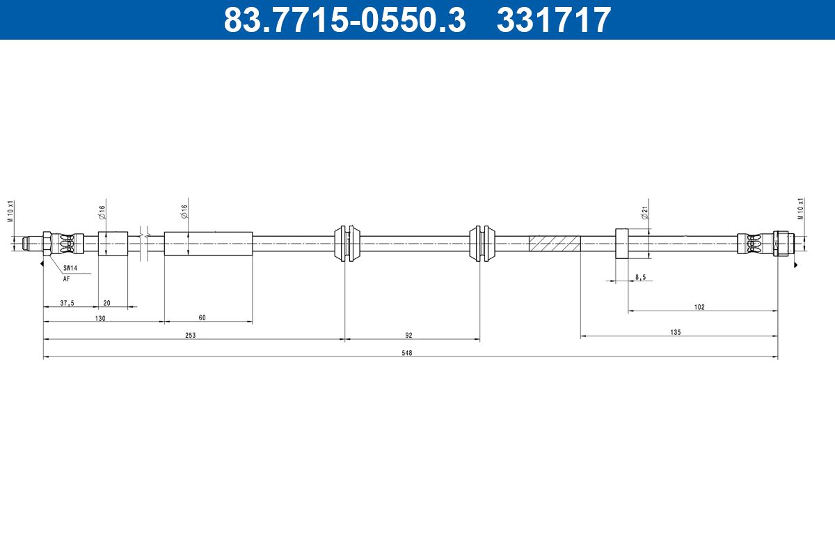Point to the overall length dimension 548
pyautogui.click(x=407, y=353)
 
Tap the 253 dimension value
pyautogui.click(x=191, y=336)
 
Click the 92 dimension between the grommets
pyautogui.click(x=409, y=336)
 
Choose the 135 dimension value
pyautogui.click(x=675, y=333)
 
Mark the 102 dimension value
pyautogui.click(x=699, y=307)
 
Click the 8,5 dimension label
pyautogui.click(x=640, y=277)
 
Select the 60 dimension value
pyautogui.click(x=202, y=318)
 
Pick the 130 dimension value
pyautogui.click(x=100, y=318)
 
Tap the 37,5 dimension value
pyautogui.click(x=67, y=303)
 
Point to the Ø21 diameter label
pyautogui.click(x=645, y=213)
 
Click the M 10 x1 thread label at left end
pyautogui.click(x=10, y=210)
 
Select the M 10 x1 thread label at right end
pyautogui.click(x=801, y=208)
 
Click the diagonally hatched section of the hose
pyautogui.click(x=555, y=244)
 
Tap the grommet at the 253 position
pyautogui.click(x=345, y=243)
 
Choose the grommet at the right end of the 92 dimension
pyautogui.click(x=479, y=243)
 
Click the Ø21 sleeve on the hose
pyautogui.click(x=621, y=243)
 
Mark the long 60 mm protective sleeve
pyautogui.click(x=208, y=243)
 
